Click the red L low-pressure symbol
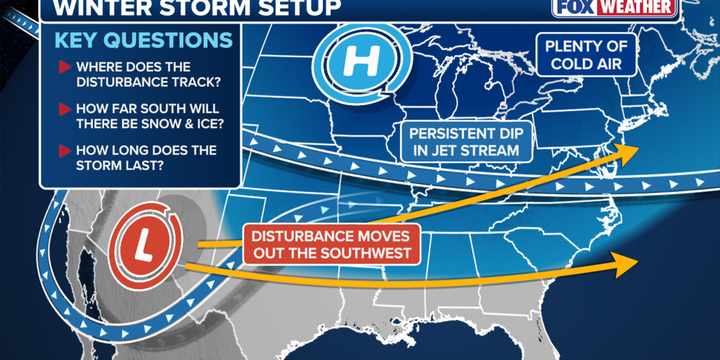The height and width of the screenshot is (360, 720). [x=149, y=245]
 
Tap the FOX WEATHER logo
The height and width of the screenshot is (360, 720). [x=615, y=8]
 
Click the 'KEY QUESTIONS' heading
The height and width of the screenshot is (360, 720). [x=143, y=40]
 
